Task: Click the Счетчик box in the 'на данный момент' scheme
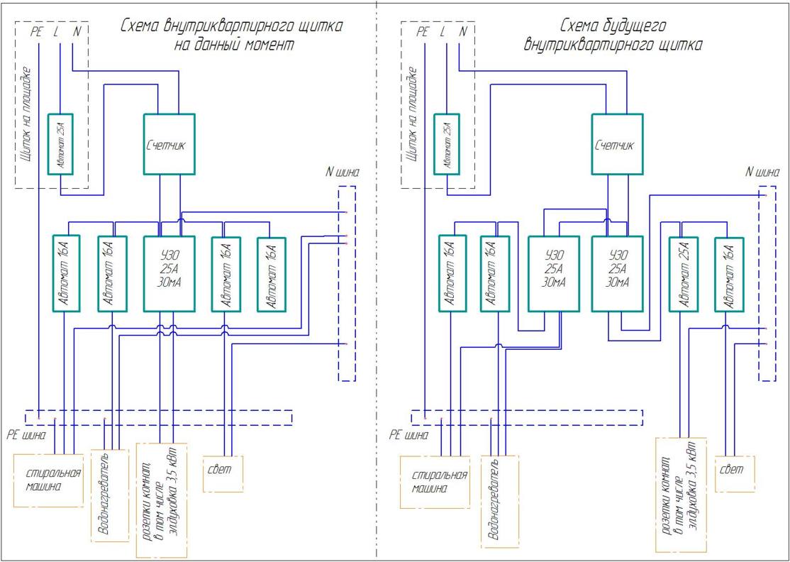[x=169, y=143]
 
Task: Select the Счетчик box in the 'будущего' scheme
[x=617, y=143]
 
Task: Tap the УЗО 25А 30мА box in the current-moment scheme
[x=169, y=273]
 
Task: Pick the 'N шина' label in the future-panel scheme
[x=762, y=172]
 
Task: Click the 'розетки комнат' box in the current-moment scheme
[x=161, y=500]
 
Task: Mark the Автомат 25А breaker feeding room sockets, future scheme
[x=684, y=273]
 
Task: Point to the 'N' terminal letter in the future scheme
[x=463, y=31]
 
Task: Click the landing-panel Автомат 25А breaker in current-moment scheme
[x=60, y=143]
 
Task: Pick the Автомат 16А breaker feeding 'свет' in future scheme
[x=729, y=273]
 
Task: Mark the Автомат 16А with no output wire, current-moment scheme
[x=270, y=273]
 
